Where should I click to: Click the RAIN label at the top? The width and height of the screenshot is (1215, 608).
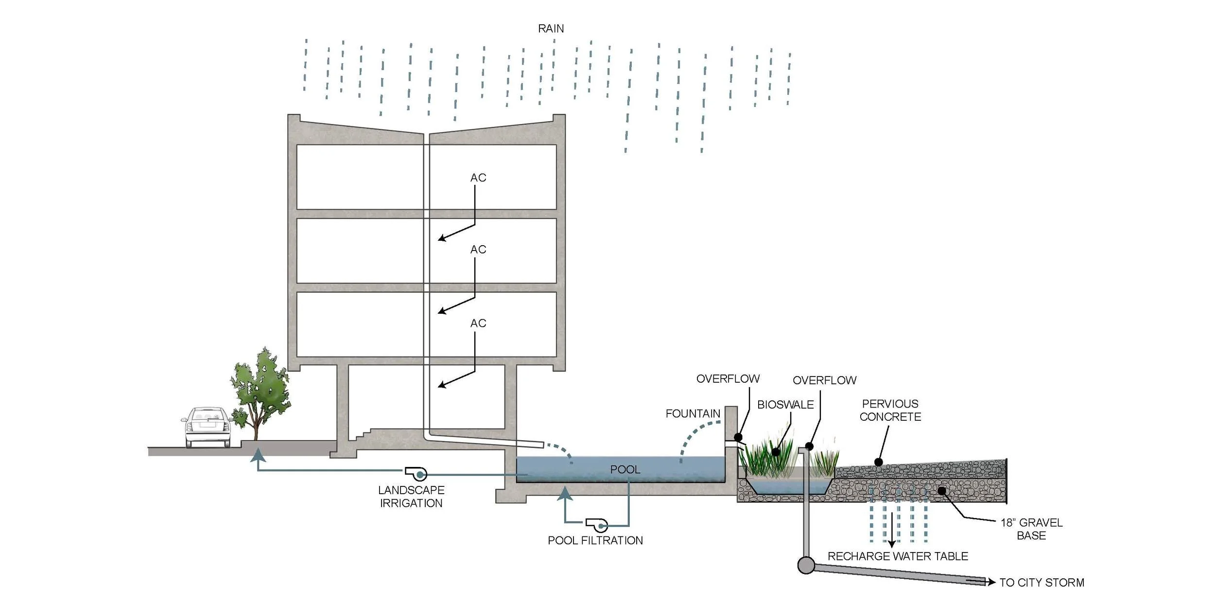pyautogui.click(x=551, y=29)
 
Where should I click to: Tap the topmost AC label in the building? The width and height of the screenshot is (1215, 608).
pyautogui.click(x=478, y=178)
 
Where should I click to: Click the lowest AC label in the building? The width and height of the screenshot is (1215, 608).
pyautogui.click(x=478, y=323)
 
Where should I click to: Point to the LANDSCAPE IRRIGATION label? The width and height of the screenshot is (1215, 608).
pyautogui.click(x=411, y=497)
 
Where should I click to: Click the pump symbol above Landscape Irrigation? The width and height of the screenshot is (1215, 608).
pyautogui.click(x=417, y=473)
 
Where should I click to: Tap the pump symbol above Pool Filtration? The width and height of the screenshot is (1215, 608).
pyautogui.click(x=597, y=525)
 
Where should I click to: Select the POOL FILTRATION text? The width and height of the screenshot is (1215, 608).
pyautogui.click(x=595, y=540)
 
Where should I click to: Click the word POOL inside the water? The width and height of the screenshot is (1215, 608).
pyautogui.click(x=625, y=469)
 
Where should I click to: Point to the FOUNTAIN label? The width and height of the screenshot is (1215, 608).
pyautogui.click(x=693, y=413)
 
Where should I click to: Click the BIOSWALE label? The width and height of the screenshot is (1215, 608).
pyautogui.click(x=785, y=405)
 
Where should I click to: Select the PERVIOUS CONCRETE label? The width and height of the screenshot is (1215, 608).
pyautogui.click(x=890, y=410)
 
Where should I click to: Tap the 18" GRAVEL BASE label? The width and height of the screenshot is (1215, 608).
pyautogui.click(x=1031, y=529)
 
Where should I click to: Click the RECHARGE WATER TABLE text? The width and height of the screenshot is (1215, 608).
pyautogui.click(x=898, y=556)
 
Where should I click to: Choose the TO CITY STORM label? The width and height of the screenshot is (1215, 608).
pyautogui.click(x=1041, y=582)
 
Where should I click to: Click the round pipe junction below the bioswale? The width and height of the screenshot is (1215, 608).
pyautogui.click(x=806, y=565)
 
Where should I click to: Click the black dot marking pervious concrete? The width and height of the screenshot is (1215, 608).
pyautogui.click(x=878, y=462)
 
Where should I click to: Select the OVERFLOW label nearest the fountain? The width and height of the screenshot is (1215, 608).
pyautogui.click(x=728, y=378)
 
